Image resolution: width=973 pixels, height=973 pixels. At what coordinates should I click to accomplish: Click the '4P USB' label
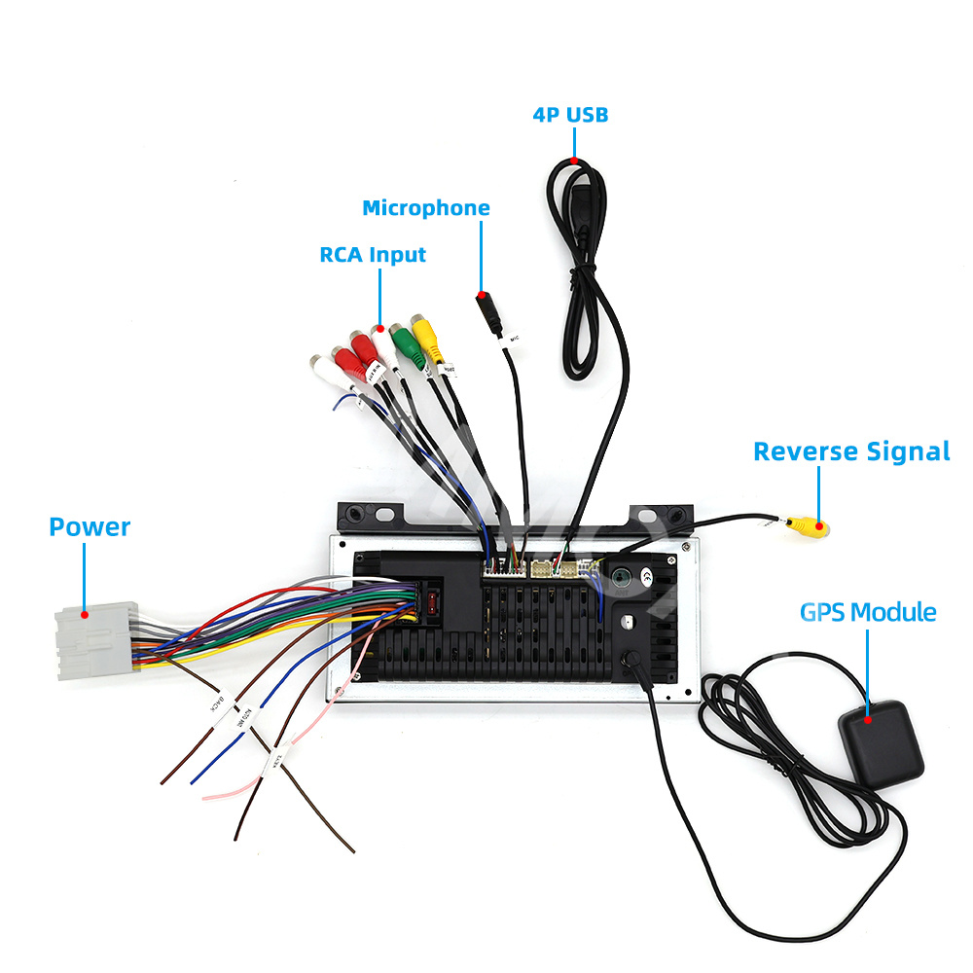[570, 115]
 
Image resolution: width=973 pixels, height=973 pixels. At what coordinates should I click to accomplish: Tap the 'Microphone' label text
[426, 208]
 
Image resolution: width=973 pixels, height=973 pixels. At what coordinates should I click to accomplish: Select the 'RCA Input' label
[373, 255]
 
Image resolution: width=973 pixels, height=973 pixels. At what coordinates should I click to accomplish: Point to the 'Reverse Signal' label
[851, 451]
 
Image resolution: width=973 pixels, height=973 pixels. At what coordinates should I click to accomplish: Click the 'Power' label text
[90, 527]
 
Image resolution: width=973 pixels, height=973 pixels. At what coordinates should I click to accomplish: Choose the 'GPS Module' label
[868, 612]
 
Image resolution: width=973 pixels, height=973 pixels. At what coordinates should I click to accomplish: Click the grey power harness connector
[94, 641]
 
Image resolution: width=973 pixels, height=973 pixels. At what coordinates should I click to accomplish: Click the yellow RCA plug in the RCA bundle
[427, 338]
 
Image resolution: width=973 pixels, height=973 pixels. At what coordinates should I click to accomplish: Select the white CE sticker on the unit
[644, 576]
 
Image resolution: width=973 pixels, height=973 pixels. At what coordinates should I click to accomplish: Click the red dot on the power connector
[86, 614]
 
